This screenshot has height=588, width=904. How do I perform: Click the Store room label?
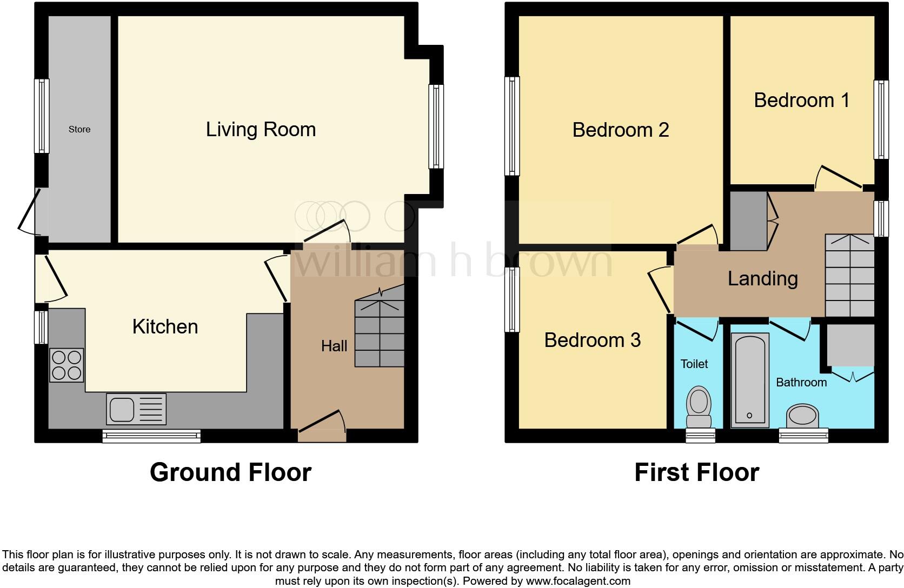79,130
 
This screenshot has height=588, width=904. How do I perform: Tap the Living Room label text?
261,130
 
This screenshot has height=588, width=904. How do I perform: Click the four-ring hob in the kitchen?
67,365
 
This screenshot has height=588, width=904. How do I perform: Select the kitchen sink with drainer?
137,409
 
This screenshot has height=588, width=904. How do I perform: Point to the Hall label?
334,346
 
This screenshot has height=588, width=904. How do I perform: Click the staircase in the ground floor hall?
380,334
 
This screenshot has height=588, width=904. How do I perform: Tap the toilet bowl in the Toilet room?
699,409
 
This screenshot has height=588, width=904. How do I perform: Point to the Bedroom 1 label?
801,101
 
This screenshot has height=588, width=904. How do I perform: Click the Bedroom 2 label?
621,130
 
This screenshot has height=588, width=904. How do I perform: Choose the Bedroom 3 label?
592,340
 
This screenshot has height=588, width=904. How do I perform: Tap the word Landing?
762,279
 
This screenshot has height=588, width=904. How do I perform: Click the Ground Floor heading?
230,472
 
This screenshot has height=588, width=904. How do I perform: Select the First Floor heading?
696,472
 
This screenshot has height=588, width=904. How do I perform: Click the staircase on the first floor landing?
849,276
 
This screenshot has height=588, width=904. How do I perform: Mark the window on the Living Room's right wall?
436,126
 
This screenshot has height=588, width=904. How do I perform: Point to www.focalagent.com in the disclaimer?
577,582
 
